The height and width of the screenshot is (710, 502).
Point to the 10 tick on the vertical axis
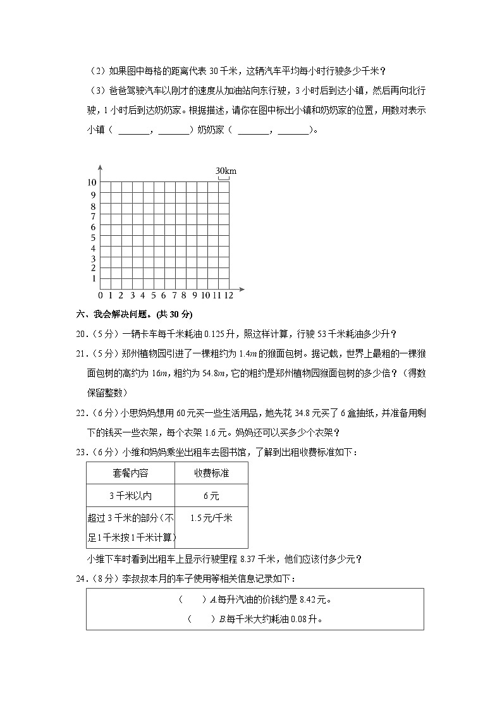click(92, 182)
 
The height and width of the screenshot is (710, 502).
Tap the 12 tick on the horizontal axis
click(228, 295)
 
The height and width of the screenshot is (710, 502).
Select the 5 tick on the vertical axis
click(93, 238)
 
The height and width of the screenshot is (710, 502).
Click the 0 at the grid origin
click(101, 295)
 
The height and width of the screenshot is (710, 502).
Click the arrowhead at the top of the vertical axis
click(101, 167)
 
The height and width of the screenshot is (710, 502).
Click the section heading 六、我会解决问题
click(133, 314)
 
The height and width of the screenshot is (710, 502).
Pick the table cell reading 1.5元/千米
click(211, 518)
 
